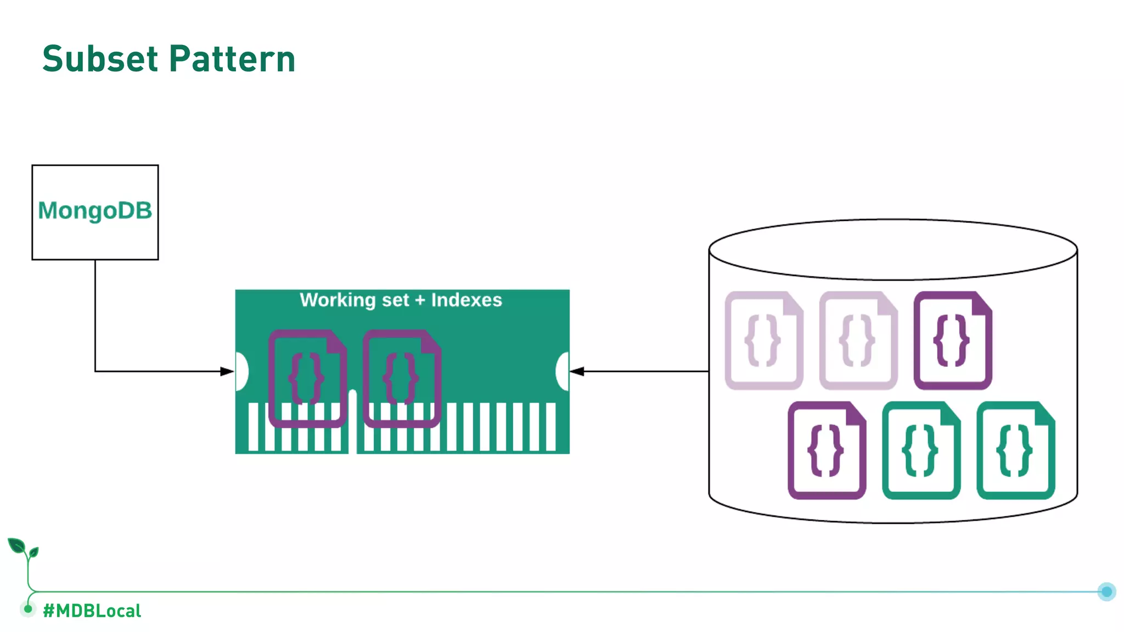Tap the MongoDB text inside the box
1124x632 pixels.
click(x=95, y=211)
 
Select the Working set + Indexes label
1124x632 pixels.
click(x=401, y=300)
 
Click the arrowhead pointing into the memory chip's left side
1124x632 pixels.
click(x=227, y=371)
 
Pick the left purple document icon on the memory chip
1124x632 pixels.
click(x=307, y=379)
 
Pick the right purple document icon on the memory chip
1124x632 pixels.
click(x=402, y=379)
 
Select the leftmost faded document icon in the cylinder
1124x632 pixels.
click(x=763, y=341)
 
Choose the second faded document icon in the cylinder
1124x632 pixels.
click(x=858, y=341)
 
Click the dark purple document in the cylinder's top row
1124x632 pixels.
click(x=953, y=341)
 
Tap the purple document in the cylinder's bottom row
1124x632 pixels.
click(x=827, y=450)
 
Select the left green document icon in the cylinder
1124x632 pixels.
click(x=921, y=450)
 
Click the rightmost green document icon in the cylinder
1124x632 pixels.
click(x=1015, y=450)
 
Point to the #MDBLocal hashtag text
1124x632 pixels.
click(x=92, y=611)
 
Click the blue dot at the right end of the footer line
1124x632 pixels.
click(x=1106, y=591)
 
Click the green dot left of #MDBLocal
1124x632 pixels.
click(x=28, y=608)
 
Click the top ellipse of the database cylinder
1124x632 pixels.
click(x=893, y=250)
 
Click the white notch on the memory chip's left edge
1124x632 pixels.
click(x=241, y=371)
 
